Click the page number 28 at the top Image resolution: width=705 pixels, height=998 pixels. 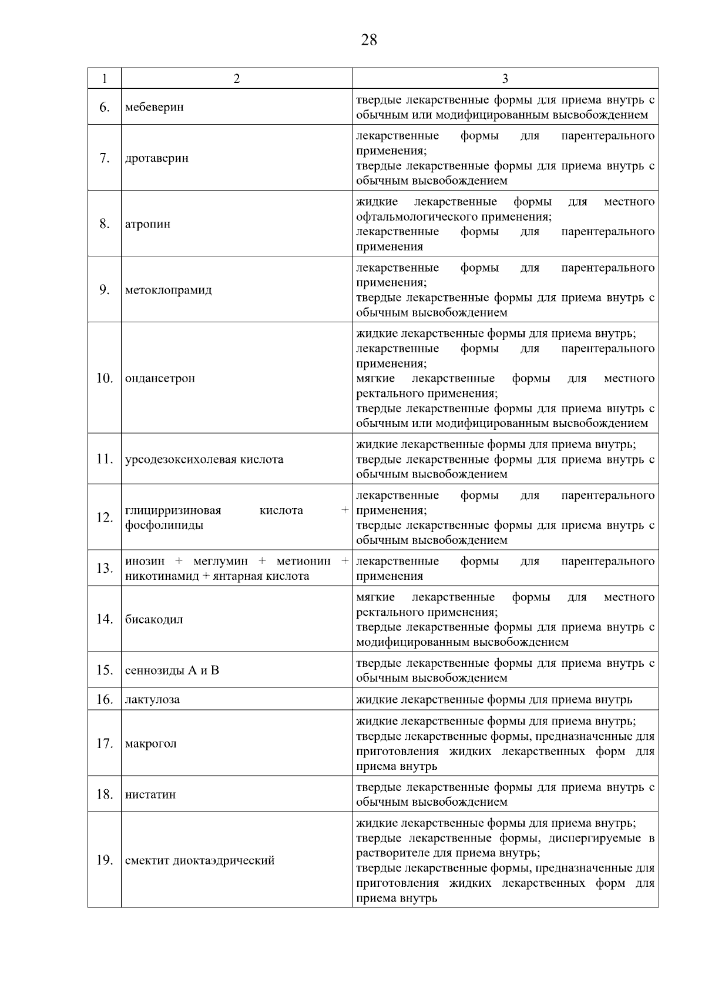coord(369,40)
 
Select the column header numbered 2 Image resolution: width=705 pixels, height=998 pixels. coord(237,79)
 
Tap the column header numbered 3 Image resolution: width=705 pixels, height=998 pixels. coord(505,79)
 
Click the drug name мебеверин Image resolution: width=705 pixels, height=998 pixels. coord(154,107)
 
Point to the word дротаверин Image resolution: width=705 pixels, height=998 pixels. coord(157,158)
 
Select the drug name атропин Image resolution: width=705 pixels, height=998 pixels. coord(147,224)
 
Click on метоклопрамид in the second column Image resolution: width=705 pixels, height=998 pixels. coord(168,290)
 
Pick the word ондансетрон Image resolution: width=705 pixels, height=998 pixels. coord(160,378)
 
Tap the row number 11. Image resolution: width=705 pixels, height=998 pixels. coord(104,459)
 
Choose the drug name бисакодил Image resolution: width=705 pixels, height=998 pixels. coord(154,619)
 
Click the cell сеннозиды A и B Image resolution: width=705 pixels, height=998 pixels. coord(172,670)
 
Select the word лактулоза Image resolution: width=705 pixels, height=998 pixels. coord(152,700)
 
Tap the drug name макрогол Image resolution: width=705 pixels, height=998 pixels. coord(150,744)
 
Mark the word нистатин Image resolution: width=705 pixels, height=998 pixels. coord(150,795)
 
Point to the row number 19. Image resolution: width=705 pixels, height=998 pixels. coord(104,860)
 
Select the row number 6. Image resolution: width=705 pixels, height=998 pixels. coord(104,107)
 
